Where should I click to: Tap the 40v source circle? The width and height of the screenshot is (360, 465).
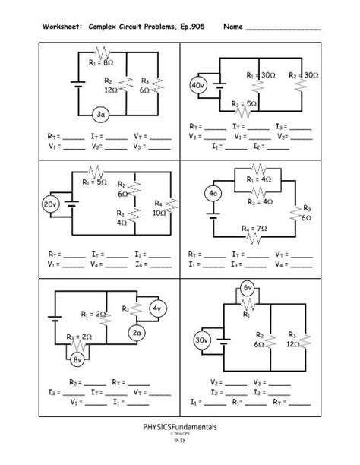pos(197,86)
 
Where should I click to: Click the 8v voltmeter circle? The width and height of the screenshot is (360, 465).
pos(79,359)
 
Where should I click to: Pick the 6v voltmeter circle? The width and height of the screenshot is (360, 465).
pos(247,287)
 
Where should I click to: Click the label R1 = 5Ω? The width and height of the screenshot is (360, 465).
pos(94,182)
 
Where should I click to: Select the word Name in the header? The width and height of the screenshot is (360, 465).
pos(232,27)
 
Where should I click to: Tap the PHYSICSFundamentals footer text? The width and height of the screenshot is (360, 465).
pos(180,429)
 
